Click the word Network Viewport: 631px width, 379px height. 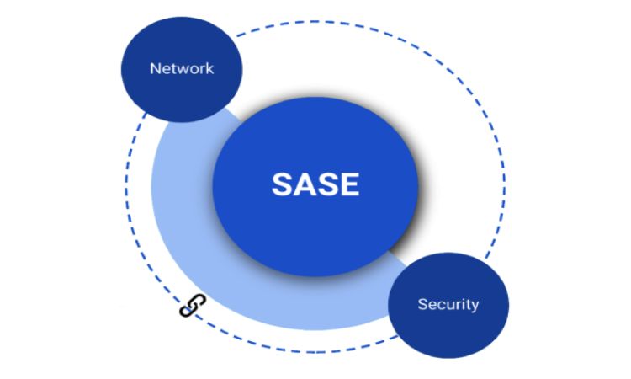182,68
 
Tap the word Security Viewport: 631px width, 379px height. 448,304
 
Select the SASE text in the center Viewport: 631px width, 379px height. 315,184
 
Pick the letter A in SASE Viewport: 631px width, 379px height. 304,184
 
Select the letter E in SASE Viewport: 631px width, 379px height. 348,184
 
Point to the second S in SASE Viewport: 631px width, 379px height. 326,184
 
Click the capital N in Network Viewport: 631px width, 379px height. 155,68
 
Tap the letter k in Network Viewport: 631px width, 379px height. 210,68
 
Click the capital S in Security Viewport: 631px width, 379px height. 422,304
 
